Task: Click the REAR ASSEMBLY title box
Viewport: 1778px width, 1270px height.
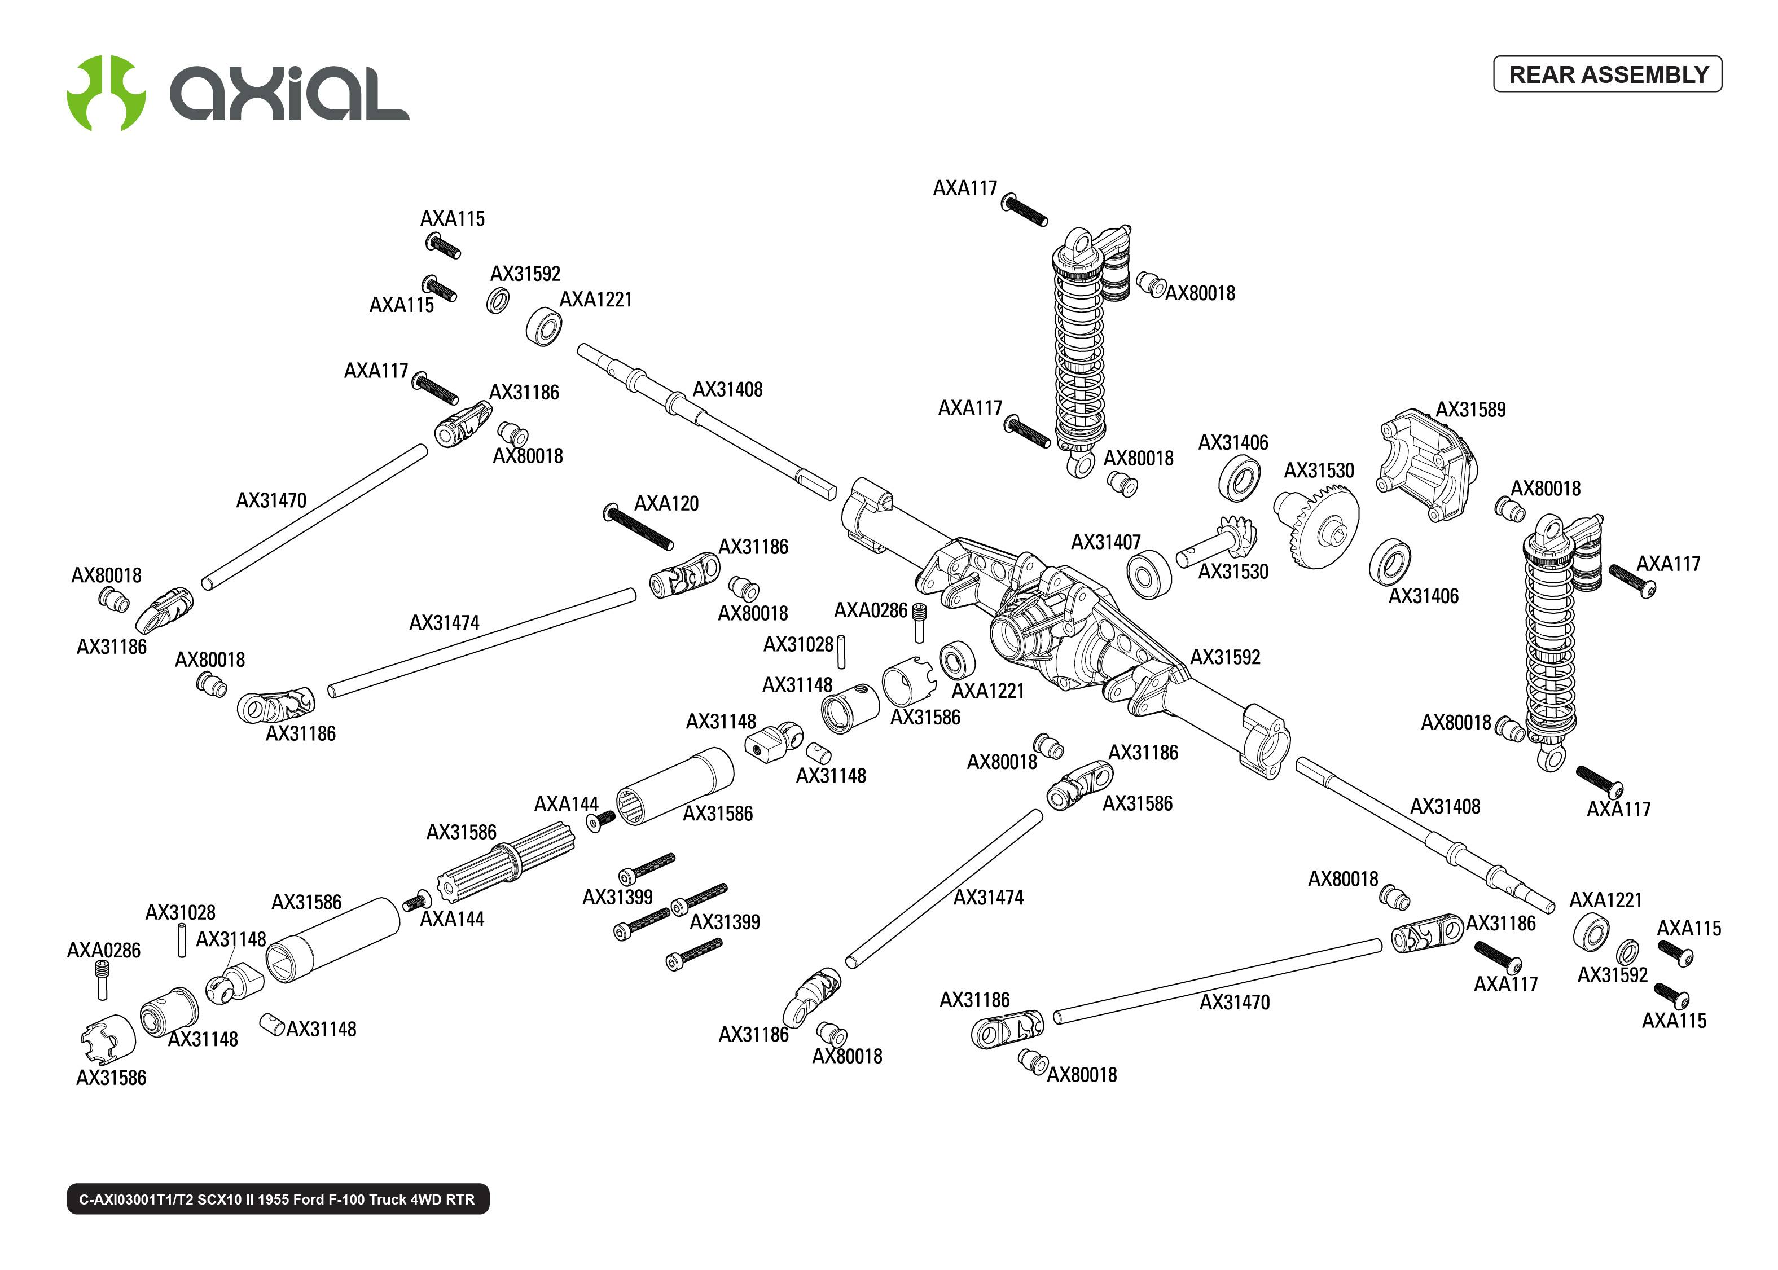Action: pos(1607,74)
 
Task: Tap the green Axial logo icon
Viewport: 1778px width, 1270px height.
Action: pos(106,93)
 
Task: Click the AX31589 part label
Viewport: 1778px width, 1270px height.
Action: pos(1470,410)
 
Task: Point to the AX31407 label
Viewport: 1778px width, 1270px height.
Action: pos(1105,542)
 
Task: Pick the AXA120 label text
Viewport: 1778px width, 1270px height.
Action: pos(666,504)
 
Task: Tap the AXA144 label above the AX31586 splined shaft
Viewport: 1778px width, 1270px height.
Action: pos(565,804)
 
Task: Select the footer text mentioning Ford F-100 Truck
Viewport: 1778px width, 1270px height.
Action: pos(278,1199)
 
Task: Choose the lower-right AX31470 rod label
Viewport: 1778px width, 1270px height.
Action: pos(1234,1003)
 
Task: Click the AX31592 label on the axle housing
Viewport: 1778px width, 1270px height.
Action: pos(1224,658)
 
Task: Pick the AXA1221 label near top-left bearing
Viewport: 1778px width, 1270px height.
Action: pos(595,300)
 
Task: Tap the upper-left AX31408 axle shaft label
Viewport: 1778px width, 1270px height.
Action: pos(727,389)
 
